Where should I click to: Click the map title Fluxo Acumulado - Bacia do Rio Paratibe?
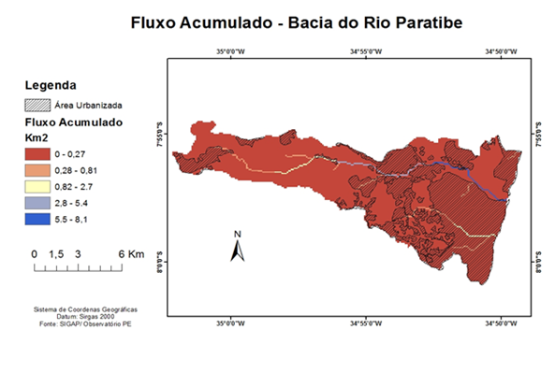277,22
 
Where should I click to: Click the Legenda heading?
51,85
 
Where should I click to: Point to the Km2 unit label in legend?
36,136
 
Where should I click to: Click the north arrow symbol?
238,248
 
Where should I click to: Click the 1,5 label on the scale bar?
55,254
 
